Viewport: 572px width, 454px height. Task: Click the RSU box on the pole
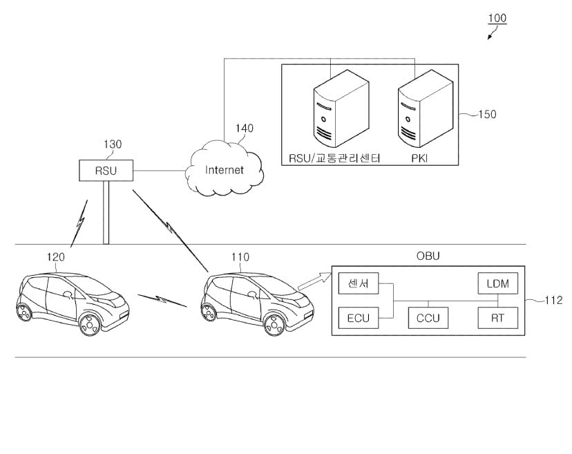[106, 170]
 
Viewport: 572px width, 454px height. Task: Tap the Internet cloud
[225, 169]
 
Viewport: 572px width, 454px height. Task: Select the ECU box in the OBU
[358, 318]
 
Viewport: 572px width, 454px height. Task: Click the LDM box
[497, 283]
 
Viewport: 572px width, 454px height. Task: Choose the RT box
[497, 318]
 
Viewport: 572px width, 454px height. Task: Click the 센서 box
[358, 283]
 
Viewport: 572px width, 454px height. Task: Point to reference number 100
[497, 19]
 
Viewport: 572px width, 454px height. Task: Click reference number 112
[553, 301]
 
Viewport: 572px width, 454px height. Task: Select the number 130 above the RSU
[112, 144]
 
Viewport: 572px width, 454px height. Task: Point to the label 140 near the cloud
[245, 128]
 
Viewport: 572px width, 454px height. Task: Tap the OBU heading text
[428, 256]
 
